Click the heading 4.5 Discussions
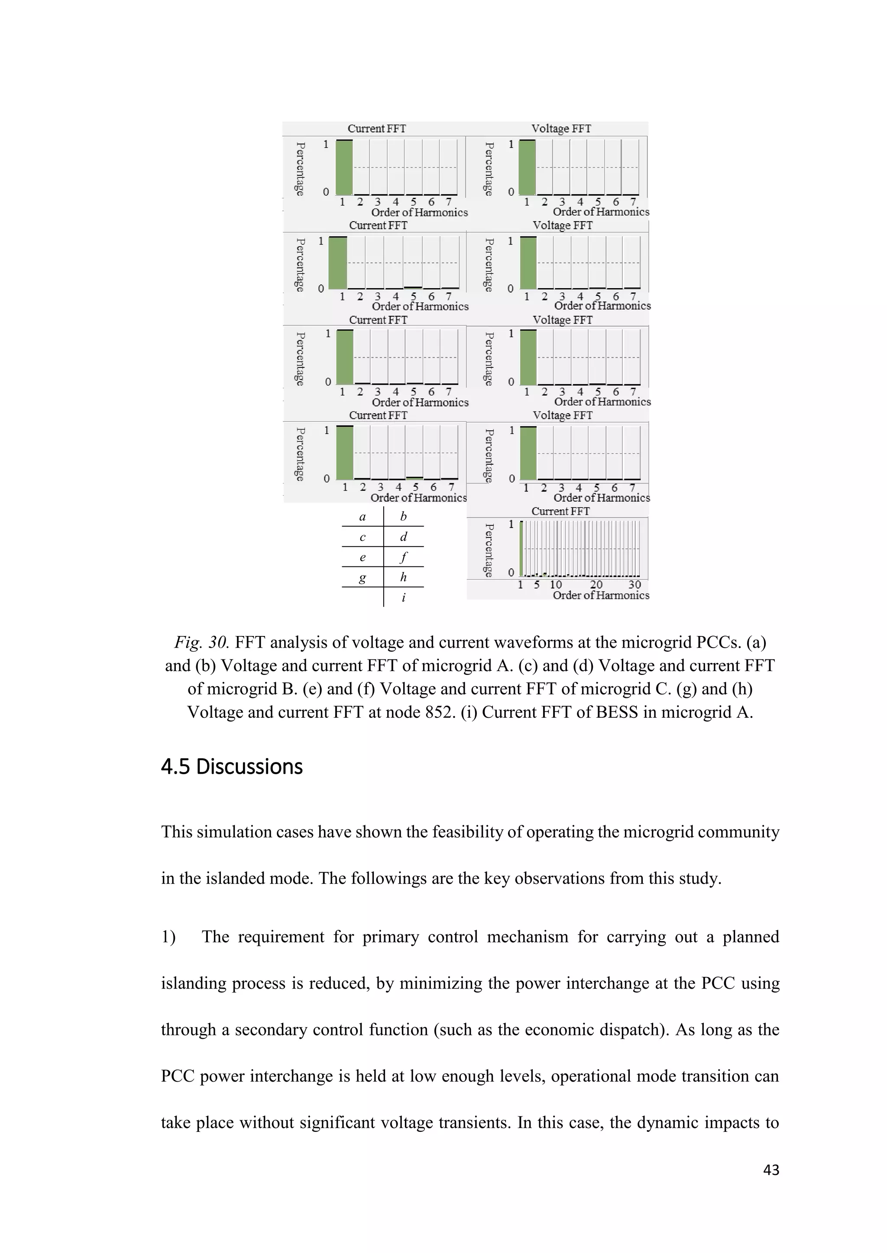[232, 767]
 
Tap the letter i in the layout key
[403, 598]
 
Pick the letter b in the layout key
[403, 516]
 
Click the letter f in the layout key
[403, 557]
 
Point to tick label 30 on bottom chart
[634, 585]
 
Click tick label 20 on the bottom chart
[596, 585]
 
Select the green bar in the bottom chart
[521, 549]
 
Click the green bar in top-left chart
[344, 167]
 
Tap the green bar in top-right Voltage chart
[527, 167]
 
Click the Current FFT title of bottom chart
[560, 511]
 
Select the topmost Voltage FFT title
[561, 129]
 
